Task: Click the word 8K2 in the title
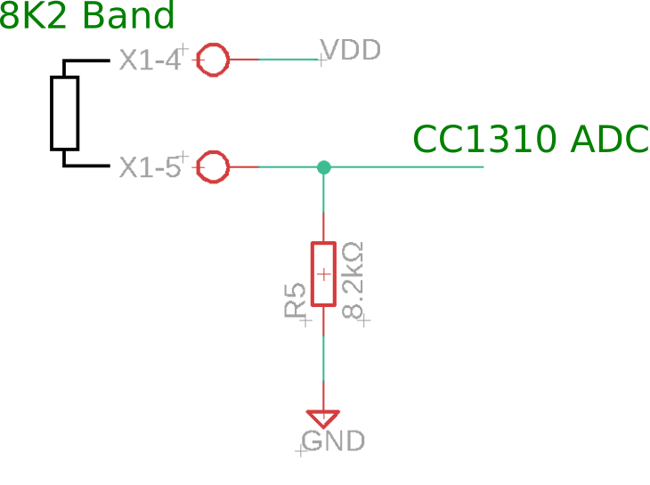(x=34, y=17)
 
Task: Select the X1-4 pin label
(x=150, y=61)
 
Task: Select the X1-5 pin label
(x=150, y=167)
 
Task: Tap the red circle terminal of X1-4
(x=213, y=61)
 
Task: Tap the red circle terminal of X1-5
(x=213, y=166)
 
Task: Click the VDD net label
(x=351, y=50)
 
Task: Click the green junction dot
(x=323, y=166)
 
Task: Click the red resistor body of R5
(x=323, y=273)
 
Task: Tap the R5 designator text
(x=296, y=301)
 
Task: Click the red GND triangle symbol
(x=323, y=416)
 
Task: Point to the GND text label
(x=333, y=441)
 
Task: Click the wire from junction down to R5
(x=323, y=205)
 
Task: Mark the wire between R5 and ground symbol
(x=323, y=356)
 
